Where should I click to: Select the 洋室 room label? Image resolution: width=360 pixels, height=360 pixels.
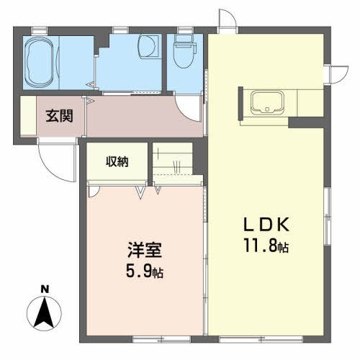click(x=144, y=252)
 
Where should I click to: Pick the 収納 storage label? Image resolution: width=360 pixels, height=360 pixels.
click(x=118, y=161)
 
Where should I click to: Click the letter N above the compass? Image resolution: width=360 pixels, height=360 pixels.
click(x=44, y=290)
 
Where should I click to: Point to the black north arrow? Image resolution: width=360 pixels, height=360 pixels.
click(x=44, y=311)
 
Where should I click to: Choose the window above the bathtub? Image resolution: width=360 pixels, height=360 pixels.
click(x=40, y=30)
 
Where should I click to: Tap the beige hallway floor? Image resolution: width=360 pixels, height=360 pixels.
click(x=133, y=119)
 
